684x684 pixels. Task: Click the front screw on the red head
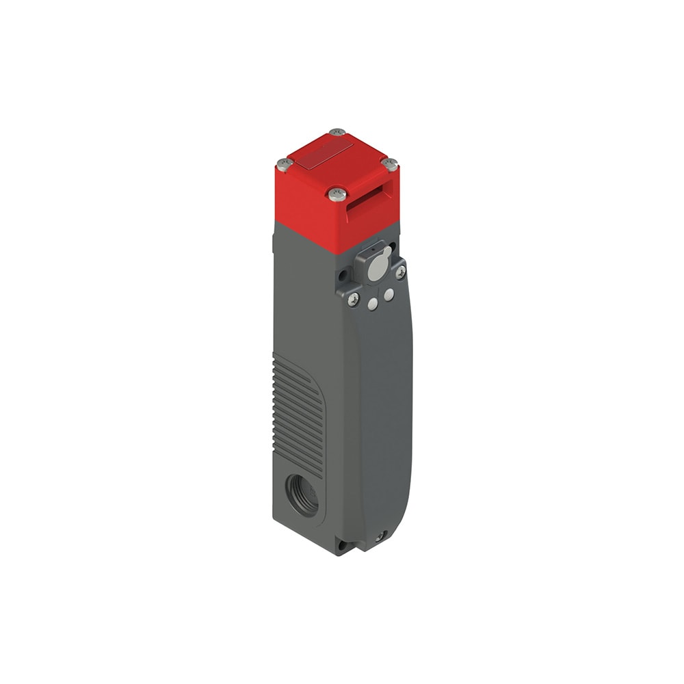[x=336, y=194]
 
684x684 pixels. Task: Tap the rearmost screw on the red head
[x=337, y=132]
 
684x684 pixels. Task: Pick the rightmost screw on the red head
[x=390, y=164]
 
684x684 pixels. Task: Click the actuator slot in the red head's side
[x=373, y=198]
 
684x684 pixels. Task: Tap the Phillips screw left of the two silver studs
[x=354, y=299]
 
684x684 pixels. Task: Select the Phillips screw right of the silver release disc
[x=400, y=272]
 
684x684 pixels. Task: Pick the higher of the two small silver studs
[x=389, y=295]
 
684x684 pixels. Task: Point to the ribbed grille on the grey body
[x=300, y=410]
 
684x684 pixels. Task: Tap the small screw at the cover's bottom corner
[x=380, y=538]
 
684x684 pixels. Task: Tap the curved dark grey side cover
[x=386, y=410]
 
